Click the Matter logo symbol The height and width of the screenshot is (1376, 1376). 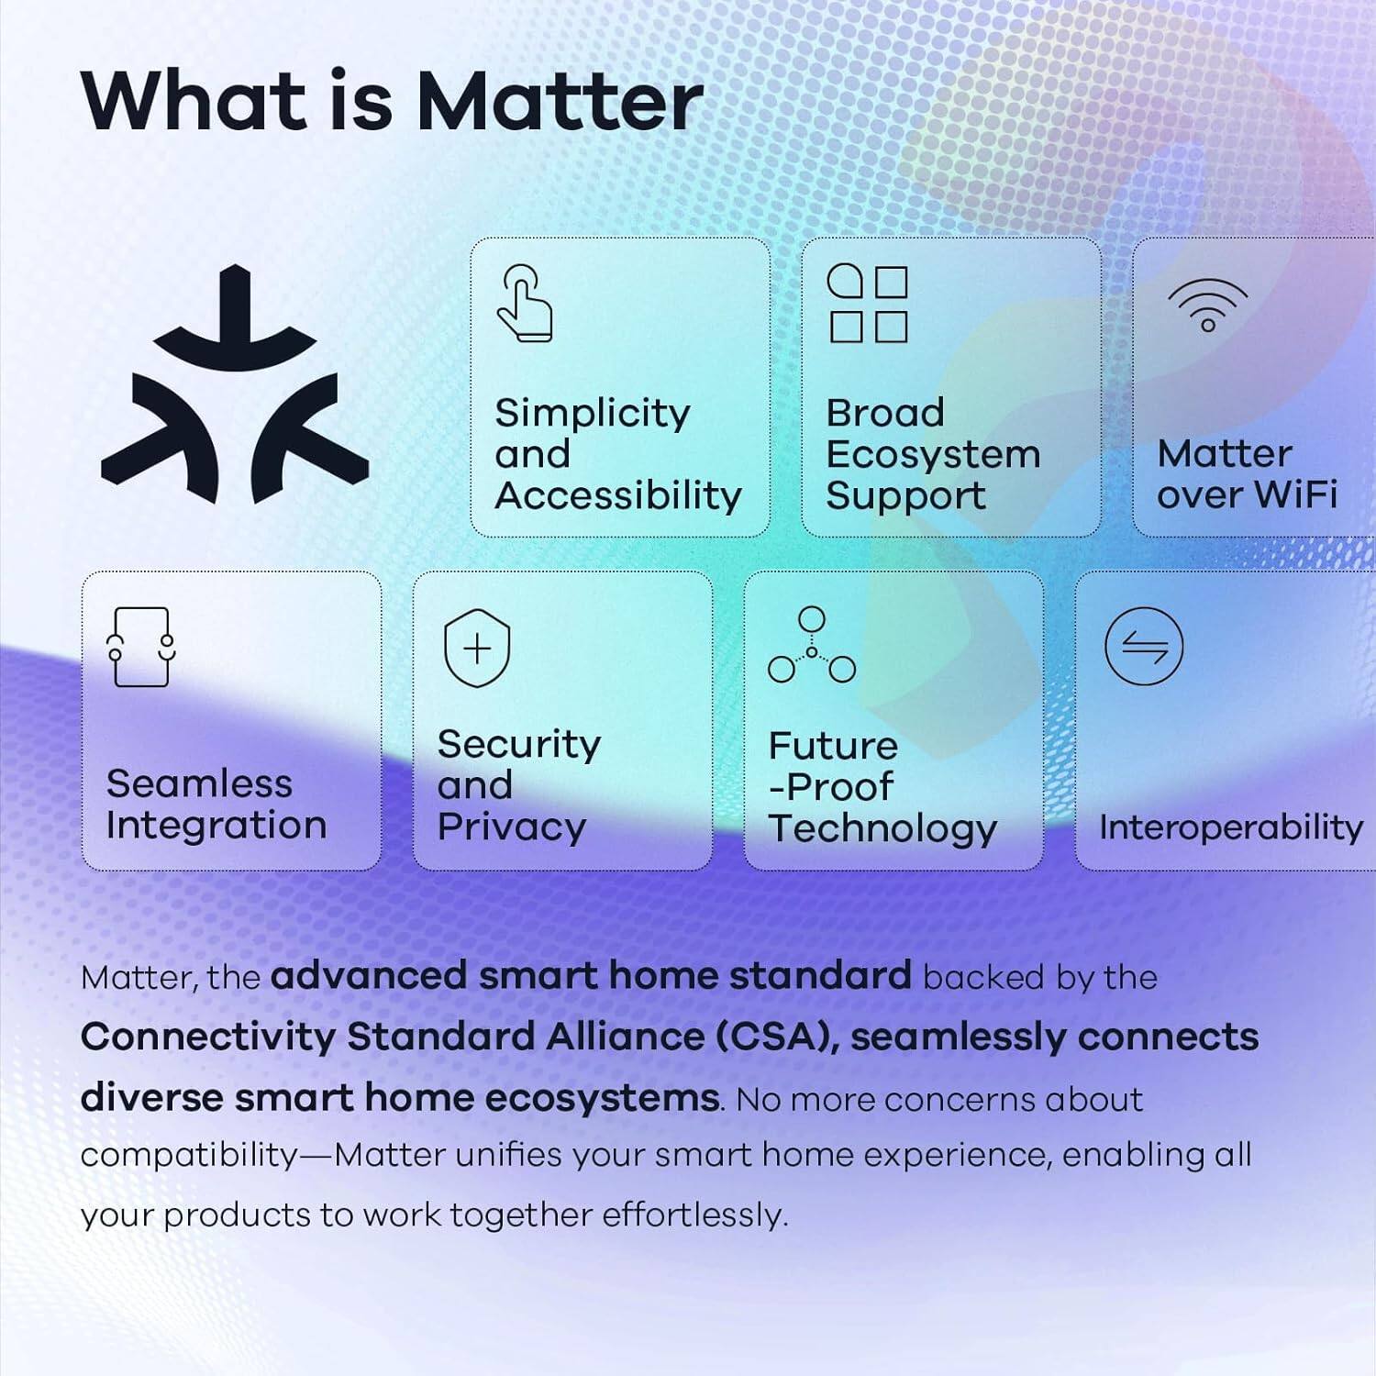coord(235,385)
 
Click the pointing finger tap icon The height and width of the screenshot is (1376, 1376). coord(525,304)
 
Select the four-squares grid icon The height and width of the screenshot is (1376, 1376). coord(868,304)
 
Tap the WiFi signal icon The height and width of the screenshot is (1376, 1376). coord(1207,305)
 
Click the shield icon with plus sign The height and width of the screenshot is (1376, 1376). coord(477,649)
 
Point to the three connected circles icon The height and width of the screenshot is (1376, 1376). coord(812,646)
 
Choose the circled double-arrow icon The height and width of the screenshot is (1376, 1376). coord(1144,647)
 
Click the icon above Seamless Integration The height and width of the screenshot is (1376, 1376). coord(140,647)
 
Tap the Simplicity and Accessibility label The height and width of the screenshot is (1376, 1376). coord(617,454)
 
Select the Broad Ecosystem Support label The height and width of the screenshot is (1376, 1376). coord(932,454)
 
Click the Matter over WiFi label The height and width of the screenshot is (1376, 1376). coord(1247,474)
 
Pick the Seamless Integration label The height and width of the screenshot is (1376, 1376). coord(216,805)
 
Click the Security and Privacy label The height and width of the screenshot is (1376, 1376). coord(518,785)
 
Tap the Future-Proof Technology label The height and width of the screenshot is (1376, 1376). coord(881,787)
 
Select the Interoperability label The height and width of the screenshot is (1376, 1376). coord(1230,827)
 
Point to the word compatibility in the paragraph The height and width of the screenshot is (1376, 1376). coord(189,1155)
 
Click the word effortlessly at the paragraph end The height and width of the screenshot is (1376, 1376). coord(694,1215)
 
